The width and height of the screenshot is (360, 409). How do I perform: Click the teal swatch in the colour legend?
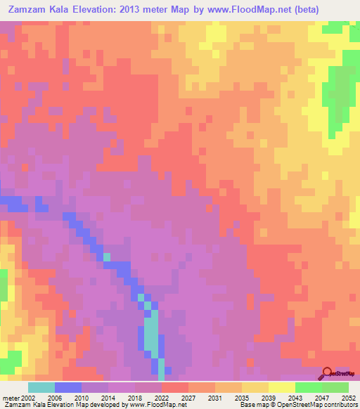click(x=41, y=387)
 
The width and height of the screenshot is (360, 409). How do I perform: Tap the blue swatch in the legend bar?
click(x=68, y=387)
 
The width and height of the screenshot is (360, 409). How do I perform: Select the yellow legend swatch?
click(x=282, y=387)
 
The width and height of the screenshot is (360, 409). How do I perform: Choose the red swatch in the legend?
click(x=175, y=387)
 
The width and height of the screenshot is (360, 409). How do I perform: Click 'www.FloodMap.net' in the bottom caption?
click(x=149, y=404)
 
